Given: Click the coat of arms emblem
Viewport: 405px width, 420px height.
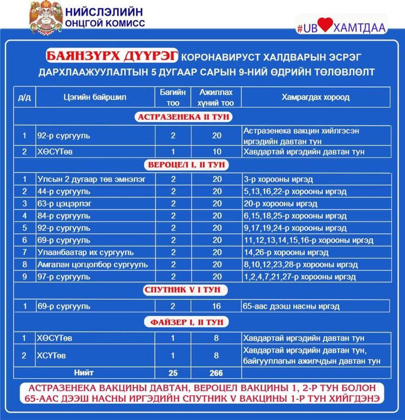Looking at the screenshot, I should (45, 18).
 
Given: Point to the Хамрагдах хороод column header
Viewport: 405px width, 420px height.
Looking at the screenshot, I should (315, 97).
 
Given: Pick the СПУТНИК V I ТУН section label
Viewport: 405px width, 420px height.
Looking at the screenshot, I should (186, 290).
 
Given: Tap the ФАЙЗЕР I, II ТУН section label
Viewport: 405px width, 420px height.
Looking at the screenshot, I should (186, 322).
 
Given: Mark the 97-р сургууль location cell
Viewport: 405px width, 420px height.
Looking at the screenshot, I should (64, 277).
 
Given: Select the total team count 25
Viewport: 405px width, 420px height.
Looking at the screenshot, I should (173, 373).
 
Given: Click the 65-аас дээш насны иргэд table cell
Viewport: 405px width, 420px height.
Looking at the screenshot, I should (291, 306).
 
